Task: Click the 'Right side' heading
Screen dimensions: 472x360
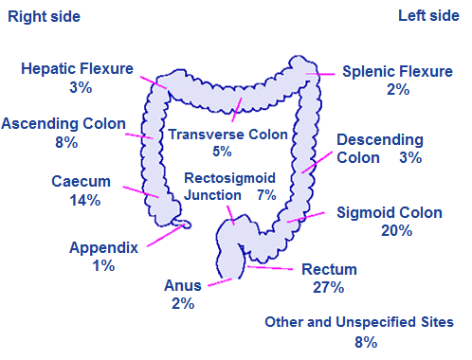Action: [x=45, y=17]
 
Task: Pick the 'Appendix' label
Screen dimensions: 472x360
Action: [x=103, y=248]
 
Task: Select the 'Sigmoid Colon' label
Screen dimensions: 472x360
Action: [x=389, y=212]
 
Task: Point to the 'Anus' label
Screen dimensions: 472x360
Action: [x=182, y=285]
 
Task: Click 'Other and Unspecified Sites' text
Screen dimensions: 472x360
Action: [x=358, y=322]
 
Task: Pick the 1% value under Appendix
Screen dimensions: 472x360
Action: [x=103, y=266]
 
